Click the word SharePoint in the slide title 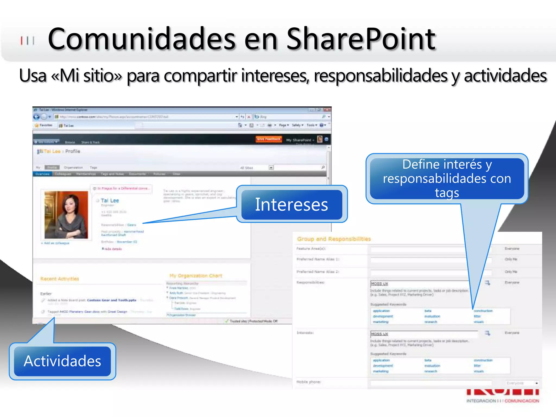[x=361, y=39]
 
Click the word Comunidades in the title [x=141, y=39]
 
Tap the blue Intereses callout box [x=292, y=204]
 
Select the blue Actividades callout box [x=62, y=361]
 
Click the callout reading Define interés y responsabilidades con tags [x=447, y=178]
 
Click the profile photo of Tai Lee [x=66, y=215]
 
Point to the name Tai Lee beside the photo [x=110, y=201]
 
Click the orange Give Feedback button [x=268, y=139]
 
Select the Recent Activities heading [x=60, y=279]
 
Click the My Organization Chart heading [x=196, y=276]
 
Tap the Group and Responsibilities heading [x=334, y=239]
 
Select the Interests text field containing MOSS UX [x=424, y=334]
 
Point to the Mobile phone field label [x=309, y=382]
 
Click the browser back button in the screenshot [x=36, y=117]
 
